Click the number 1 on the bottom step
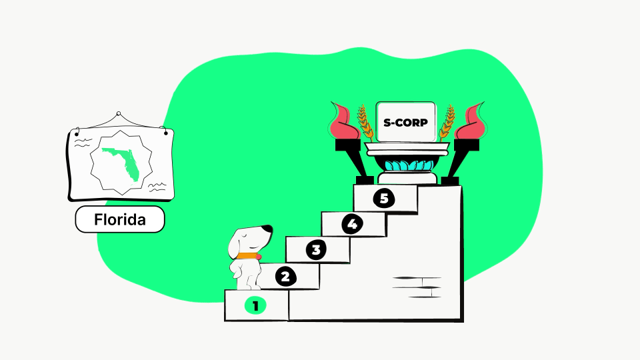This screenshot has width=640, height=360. pyautogui.click(x=255, y=306)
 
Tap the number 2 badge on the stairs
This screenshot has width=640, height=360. pyautogui.click(x=286, y=277)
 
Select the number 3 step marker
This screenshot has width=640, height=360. pyautogui.click(x=316, y=250)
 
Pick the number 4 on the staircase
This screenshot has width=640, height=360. pyautogui.click(x=352, y=224)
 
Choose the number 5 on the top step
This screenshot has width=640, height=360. pyautogui.click(x=384, y=199)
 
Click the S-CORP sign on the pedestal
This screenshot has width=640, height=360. pyautogui.click(x=406, y=122)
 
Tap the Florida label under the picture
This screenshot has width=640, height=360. pyautogui.click(x=120, y=219)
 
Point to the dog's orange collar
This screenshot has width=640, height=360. pyautogui.click(x=247, y=256)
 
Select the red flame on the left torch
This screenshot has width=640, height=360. pyautogui.click(x=344, y=121)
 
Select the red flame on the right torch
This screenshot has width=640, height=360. pyautogui.click(x=470, y=121)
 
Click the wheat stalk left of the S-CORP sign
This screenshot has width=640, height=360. pyautogui.click(x=365, y=123)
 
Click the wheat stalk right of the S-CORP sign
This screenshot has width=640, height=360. pyautogui.click(x=447, y=123)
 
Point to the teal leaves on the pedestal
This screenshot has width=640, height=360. pyautogui.click(x=409, y=166)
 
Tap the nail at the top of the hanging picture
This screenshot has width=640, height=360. pyautogui.click(x=119, y=113)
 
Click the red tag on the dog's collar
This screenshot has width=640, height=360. pyautogui.click(x=259, y=257)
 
